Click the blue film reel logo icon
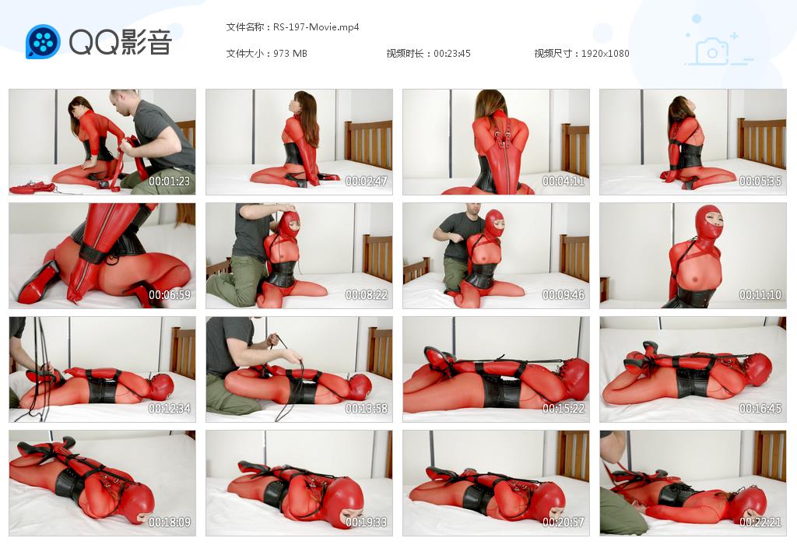tap(44, 42)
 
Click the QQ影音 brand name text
tap(121, 42)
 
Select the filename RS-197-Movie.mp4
tap(316, 27)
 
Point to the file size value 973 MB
tap(290, 54)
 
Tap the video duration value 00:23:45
tap(452, 54)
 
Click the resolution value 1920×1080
tap(605, 54)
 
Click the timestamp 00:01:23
tap(169, 181)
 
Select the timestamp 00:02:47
tap(367, 181)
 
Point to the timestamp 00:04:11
tap(564, 181)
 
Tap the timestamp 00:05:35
tap(760, 181)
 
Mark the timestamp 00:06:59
tap(169, 295)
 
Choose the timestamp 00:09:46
tap(564, 295)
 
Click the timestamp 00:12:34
tap(169, 408)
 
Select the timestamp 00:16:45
tap(760, 408)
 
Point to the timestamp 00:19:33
tap(367, 522)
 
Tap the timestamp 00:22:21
tap(760, 522)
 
